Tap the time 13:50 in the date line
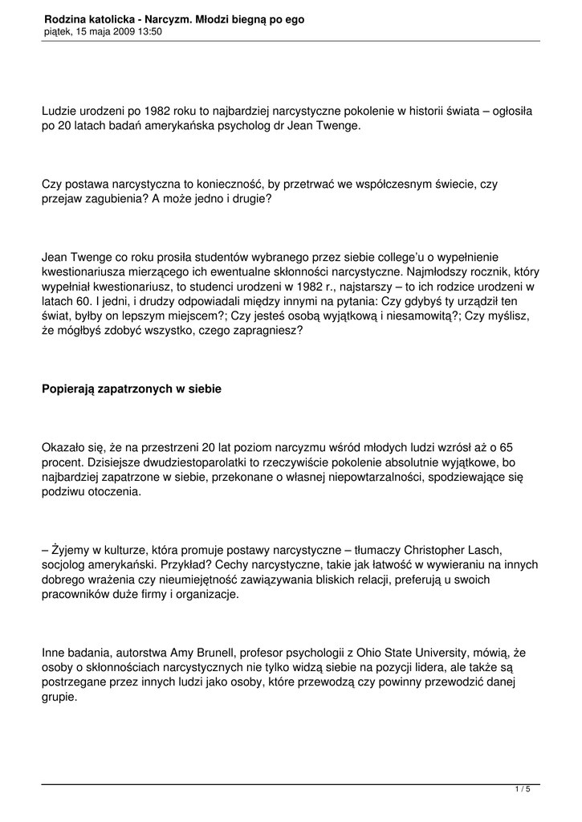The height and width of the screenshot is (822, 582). (x=149, y=32)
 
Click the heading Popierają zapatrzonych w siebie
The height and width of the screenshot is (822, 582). (x=131, y=389)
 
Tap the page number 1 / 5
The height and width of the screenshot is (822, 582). (x=523, y=790)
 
